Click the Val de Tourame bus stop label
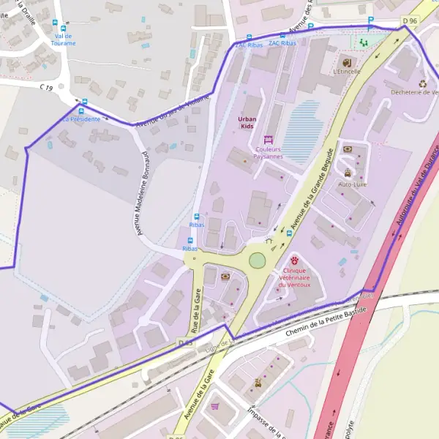point(64,40)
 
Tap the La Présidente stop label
point(80,119)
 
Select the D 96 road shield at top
point(410,21)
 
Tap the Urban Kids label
point(248,122)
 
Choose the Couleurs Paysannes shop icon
point(267,139)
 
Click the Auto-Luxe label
point(351,184)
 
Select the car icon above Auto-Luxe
point(347,173)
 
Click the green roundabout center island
point(257,260)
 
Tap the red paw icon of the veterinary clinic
point(294,260)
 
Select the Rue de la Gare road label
point(197,307)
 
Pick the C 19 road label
point(47,88)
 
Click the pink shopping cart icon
point(214,406)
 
